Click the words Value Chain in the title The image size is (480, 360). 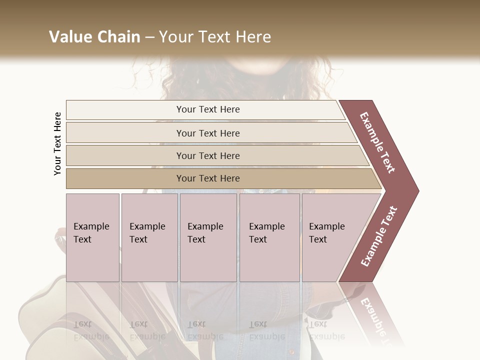[94, 37]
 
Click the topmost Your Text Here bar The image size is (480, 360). [207, 109]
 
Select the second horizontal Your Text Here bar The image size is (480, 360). [207, 133]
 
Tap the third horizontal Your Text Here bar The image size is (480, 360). [207, 155]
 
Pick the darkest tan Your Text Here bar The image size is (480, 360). [207, 178]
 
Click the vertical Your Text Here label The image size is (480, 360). [58, 143]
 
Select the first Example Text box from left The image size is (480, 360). [92, 237]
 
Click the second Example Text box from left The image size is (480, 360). [149, 237]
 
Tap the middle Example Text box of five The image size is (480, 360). [207, 237]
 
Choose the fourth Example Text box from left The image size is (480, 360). [269, 237]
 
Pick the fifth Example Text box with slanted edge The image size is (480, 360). [330, 237]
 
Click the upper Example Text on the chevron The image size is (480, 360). [377, 142]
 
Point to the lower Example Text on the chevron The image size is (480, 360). [379, 236]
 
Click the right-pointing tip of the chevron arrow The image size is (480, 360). [416, 190]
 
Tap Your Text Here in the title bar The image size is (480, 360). [215, 37]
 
